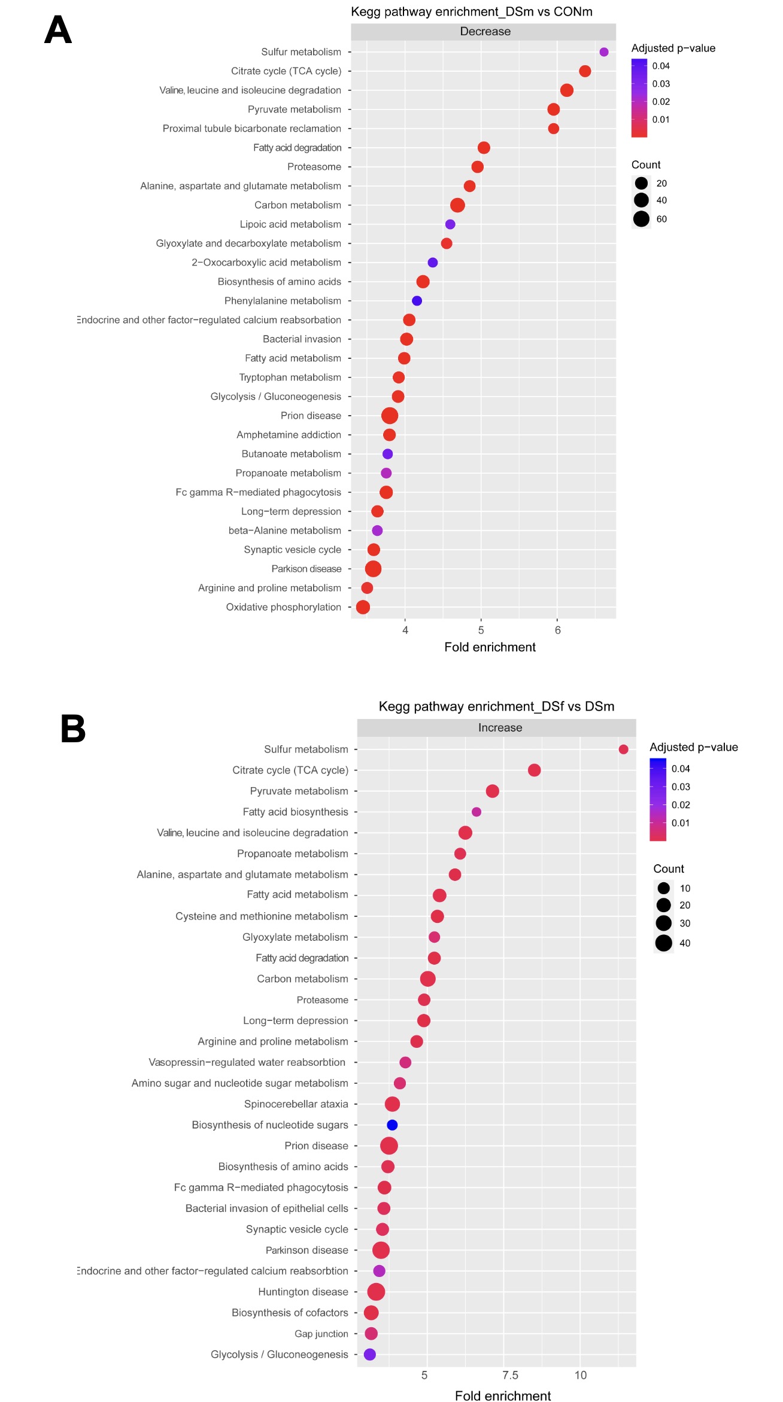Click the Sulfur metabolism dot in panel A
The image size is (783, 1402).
coord(604,52)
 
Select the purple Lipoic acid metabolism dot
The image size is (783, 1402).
coord(450,224)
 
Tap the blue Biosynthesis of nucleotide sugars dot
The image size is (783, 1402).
coord(392,1125)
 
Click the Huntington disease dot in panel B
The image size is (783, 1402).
coord(376,1292)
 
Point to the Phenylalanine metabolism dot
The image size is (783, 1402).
coord(417,301)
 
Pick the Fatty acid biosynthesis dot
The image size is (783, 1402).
coord(477,812)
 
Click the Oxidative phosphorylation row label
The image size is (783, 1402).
coord(283,607)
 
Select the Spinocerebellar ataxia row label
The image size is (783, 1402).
coord(296,1104)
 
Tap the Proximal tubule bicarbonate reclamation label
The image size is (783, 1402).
coord(252,129)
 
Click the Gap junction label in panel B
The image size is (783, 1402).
coord(321,1334)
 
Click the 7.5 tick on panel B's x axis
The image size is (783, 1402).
coord(510,1375)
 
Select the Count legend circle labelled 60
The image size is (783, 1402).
coord(641,219)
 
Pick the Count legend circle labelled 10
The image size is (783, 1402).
coord(663,888)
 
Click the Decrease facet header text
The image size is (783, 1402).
coord(485,32)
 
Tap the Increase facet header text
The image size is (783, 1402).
coord(500,728)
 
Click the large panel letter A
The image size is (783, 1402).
coord(58,30)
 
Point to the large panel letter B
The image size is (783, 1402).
coord(73,729)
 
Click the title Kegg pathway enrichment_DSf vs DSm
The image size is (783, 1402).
coord(496,706)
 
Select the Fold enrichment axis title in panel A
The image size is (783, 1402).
coord(490,647)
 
